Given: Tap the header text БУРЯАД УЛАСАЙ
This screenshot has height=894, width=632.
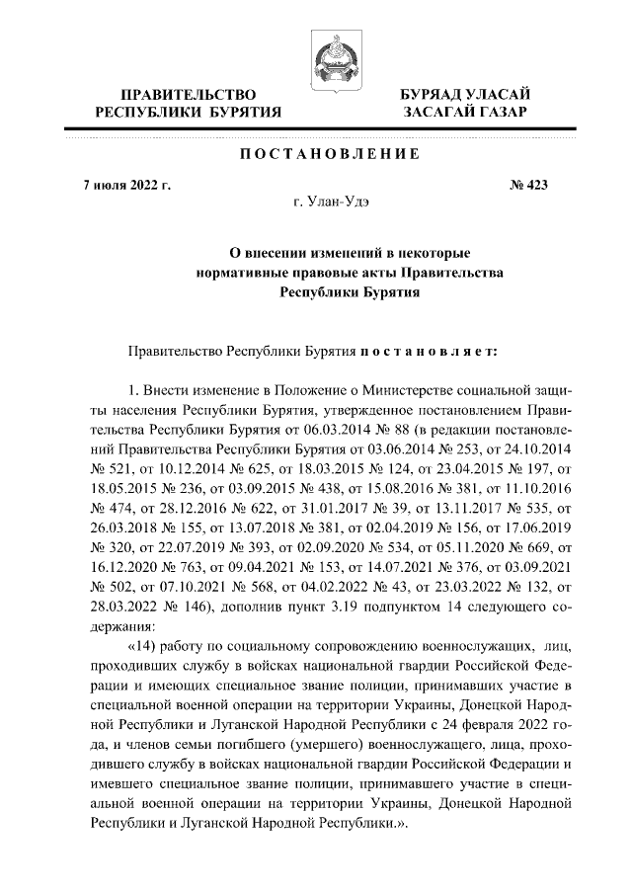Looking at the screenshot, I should point(465,94).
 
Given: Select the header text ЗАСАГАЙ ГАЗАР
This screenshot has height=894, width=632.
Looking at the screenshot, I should point(465,113).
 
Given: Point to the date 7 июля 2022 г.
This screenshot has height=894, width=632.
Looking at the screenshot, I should point(127,185).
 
